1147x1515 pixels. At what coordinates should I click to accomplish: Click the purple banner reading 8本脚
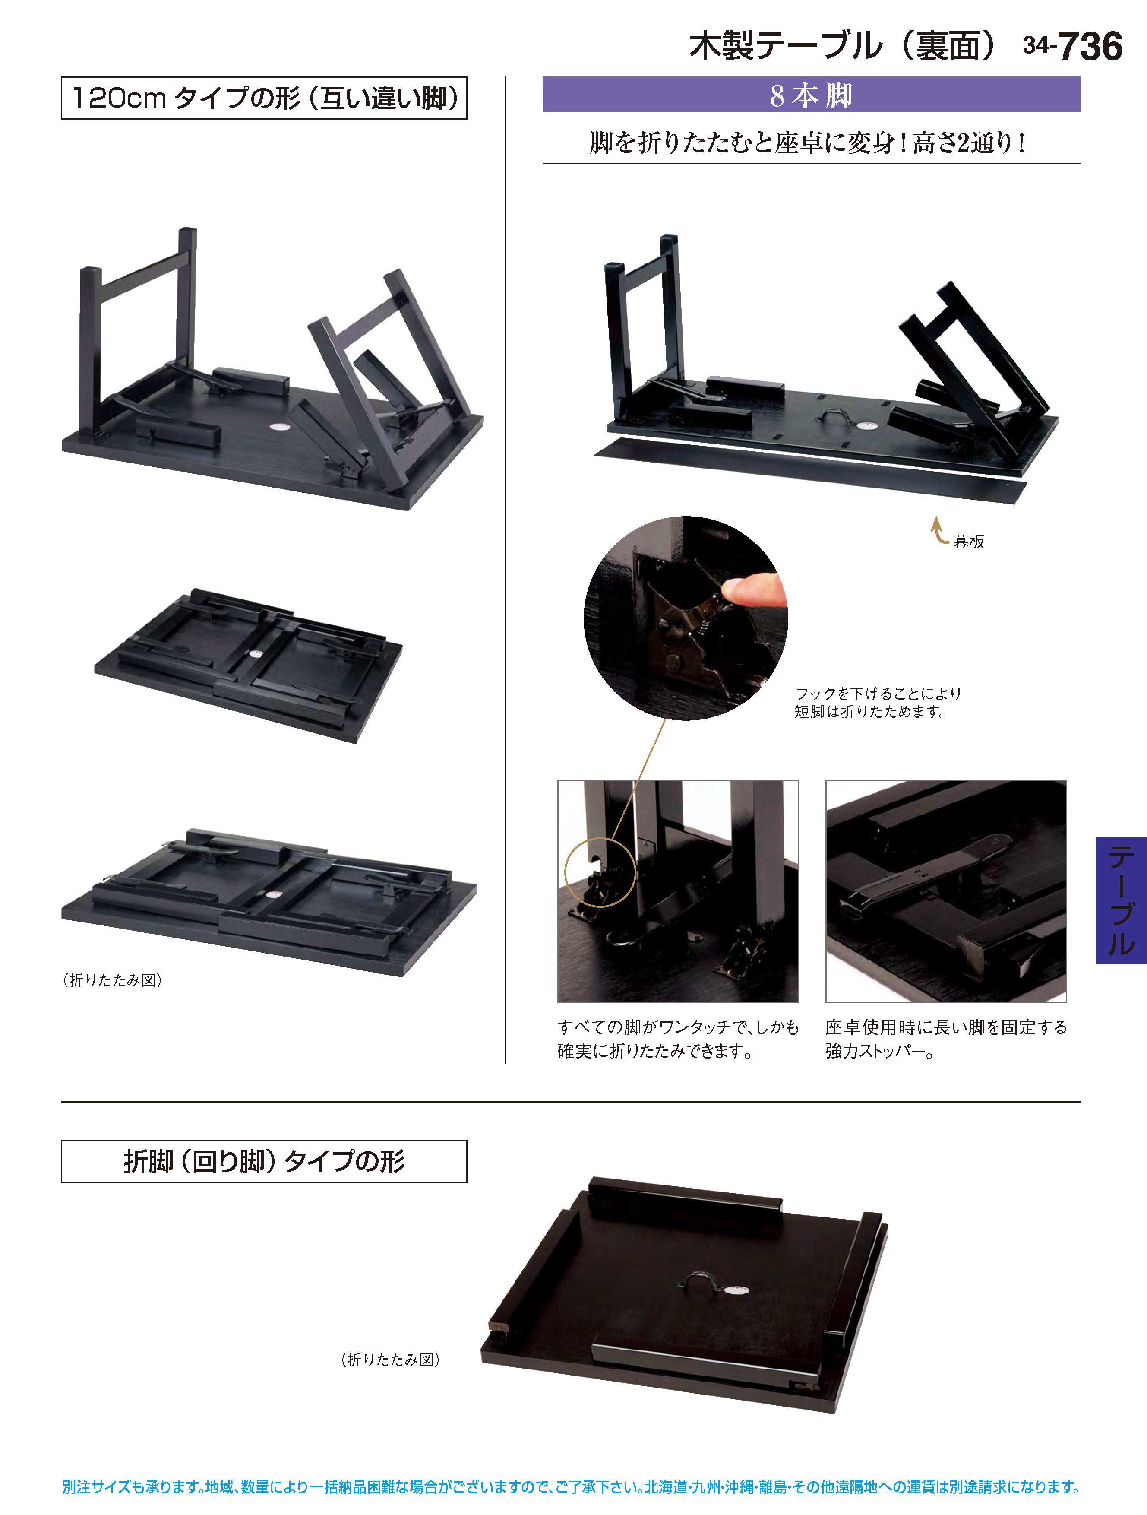[812, 95]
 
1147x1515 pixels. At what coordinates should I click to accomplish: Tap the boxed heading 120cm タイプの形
[264, 98]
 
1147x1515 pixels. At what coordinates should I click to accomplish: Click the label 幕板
[969, 541]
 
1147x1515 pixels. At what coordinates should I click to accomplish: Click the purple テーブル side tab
[1121, 900]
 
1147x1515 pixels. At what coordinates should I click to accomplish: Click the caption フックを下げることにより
[878, 694]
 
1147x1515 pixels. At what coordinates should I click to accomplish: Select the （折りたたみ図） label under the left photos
[112, 980]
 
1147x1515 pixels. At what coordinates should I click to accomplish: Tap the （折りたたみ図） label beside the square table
[390, 1360]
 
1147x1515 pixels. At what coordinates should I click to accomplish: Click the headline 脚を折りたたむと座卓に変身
[808, 143]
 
